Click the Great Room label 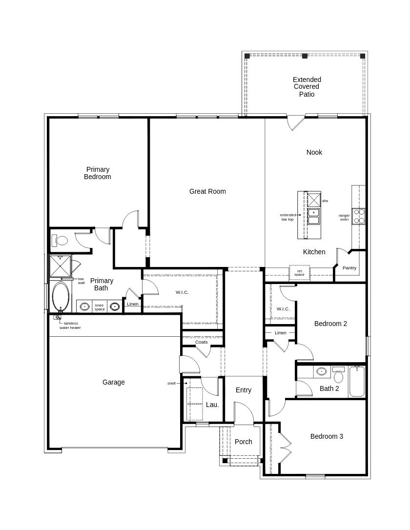click(207, 191)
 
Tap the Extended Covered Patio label click(307, 87)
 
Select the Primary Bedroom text click(98, 173)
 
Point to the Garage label click(113, 382)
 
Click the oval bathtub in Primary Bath click(61, 296)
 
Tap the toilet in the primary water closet click(61, 241)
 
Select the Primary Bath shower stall click(61, 266)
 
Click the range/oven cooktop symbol click(359, 216)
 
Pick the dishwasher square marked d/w click(313, 200)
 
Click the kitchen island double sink click(313, 216)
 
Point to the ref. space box click(299, 273)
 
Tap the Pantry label click(349, 268)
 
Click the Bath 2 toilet click(338, 375)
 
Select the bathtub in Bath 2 click(357, 381)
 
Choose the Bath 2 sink click(321, 371)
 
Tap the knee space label click(100, 307)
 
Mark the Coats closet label click(202, 342)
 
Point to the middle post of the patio click(305, 56)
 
